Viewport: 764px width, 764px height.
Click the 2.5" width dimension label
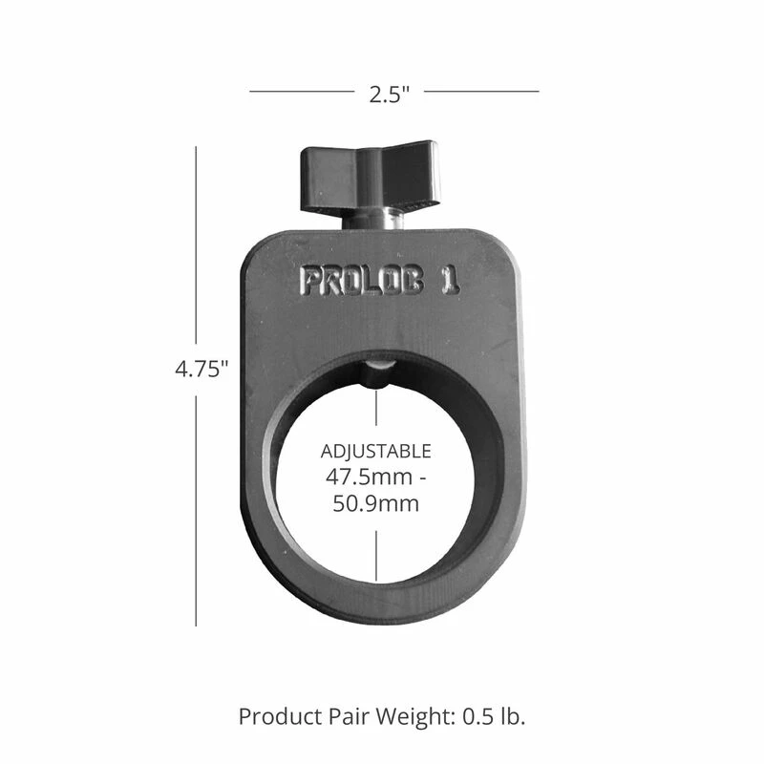pyautogui.click(x=389, y=93)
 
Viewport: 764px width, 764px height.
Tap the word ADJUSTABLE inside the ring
pyautogui.click(x=375, y=451)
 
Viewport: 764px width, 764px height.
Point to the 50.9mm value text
pyautogui.click(x=375, y=502)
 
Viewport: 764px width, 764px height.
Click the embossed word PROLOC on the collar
pyautogui.click(x=362, y=280)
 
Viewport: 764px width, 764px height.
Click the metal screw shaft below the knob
pyautogui.click(x=372, y=221)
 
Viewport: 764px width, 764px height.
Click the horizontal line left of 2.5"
pyautogui.click(x=301, y=92)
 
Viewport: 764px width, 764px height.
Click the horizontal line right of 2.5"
pyautogui.click(x=481, y=92)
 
